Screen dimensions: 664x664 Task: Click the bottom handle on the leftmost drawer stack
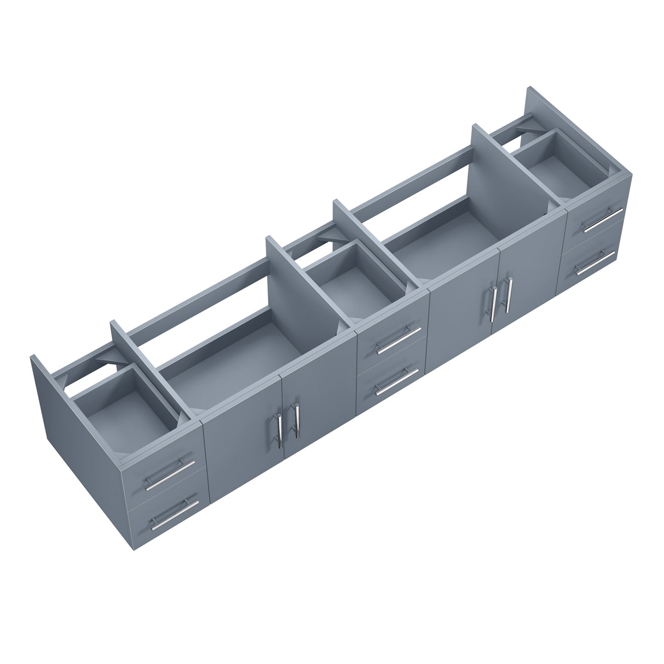coord(175,513)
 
